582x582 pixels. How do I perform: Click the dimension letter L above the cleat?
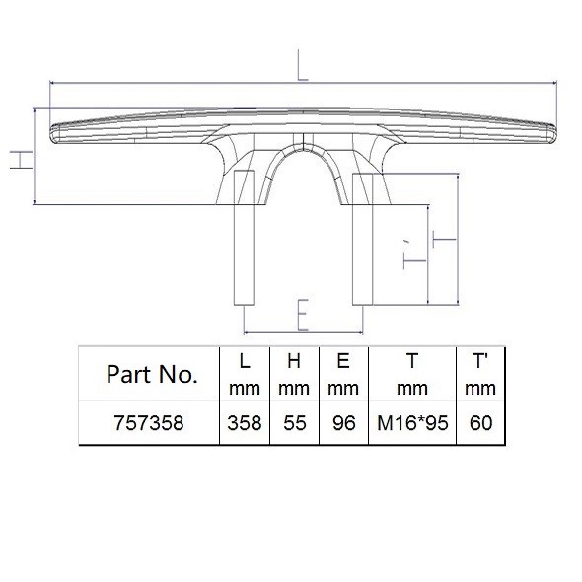tap(303, 65)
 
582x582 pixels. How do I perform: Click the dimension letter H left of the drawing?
tap(21, 160)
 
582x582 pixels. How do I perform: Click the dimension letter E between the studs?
tap(303, 315)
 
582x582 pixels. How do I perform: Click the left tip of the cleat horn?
tap(50, 132)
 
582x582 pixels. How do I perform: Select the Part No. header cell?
tap(152, 374)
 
